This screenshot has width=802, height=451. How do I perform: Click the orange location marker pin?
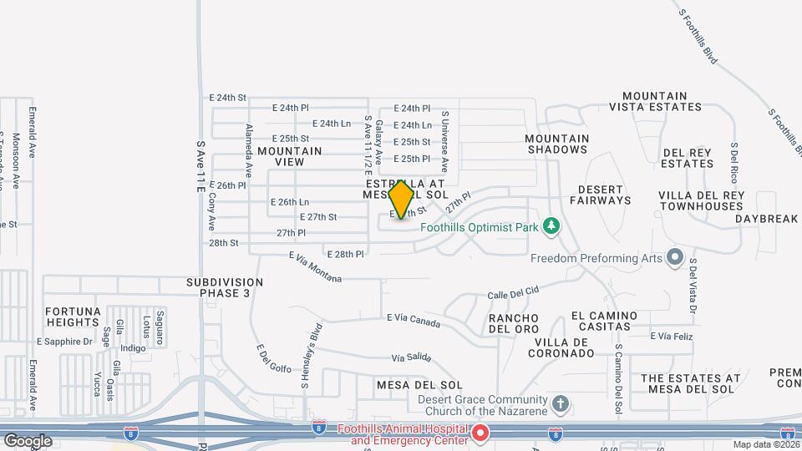coord(401,199)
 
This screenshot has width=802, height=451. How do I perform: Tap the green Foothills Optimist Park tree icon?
coord(551,225)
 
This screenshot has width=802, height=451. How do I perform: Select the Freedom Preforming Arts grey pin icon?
coord(676,257)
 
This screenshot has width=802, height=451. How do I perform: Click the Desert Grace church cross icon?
coord(561,404)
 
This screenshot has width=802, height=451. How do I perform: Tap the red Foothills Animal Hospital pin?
coord(480,433)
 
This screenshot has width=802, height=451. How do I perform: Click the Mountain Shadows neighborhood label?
coord(557,144)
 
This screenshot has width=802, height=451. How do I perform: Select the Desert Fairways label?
coord(600,195)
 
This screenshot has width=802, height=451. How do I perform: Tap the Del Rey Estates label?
coord(688,158)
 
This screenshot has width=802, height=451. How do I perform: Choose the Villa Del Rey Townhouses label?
coord(701,200)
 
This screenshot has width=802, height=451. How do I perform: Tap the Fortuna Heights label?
coord(74,317)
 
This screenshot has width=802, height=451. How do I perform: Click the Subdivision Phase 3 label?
coord(225,287)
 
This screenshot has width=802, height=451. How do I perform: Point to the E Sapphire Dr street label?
coord(64,342)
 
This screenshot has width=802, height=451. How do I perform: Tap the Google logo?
coord(28,440)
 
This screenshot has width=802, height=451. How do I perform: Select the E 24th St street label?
coord(227,98)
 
